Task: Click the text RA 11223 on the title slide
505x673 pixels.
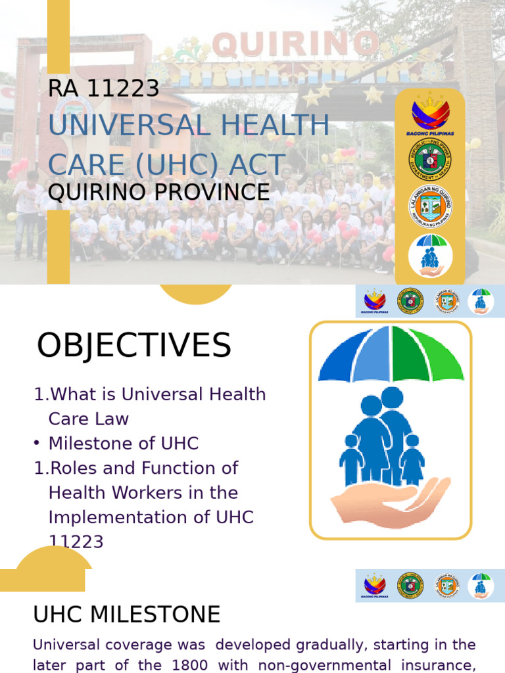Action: [104, 88]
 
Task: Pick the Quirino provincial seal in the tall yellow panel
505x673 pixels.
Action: [430, 206]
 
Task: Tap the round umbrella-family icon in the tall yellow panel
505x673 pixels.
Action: [430, 255]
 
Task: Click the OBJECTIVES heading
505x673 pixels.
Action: [134, 346]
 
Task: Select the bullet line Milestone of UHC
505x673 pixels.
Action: [124, 444]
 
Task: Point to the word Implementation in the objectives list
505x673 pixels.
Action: [108, 517]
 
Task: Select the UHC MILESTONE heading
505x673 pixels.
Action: [127, 615]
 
